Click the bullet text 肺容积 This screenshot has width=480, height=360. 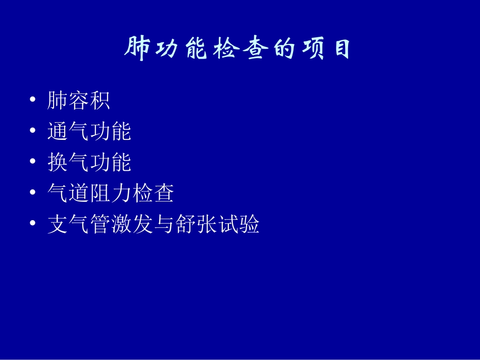(x=78, y=100)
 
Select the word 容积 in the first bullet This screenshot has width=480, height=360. (x=89, y=100)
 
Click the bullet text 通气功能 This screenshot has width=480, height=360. (x=89, y=131)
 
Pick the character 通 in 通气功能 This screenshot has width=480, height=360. (x=58, y=131)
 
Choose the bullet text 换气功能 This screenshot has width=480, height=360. (x=89, y=162)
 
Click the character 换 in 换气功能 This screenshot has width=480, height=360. (x=58, y=162)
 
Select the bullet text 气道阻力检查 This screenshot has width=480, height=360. (x=111, y=193)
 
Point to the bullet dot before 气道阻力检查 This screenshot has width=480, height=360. (x=33, y=193)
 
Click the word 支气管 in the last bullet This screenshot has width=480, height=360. (x=78, y=224)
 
